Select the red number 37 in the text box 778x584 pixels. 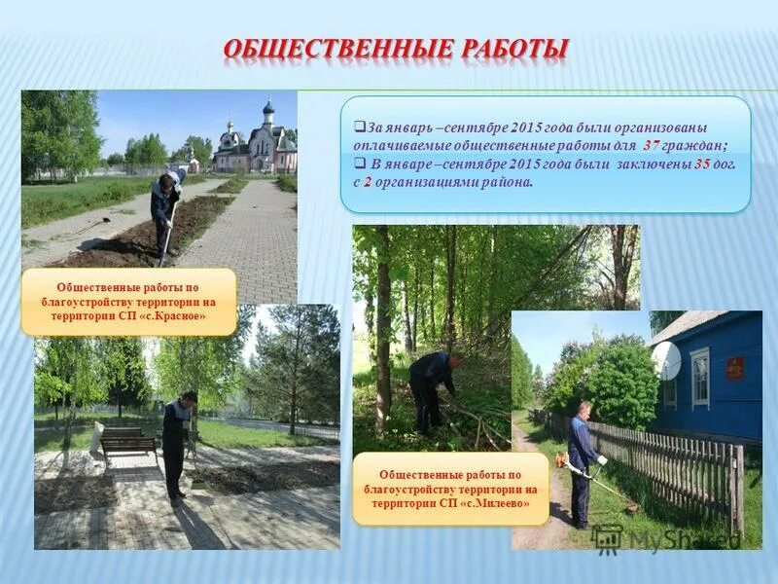pos(654,144)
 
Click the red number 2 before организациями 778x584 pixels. pos(369,181)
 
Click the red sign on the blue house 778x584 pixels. pos(735,367)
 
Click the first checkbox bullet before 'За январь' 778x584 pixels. pos(359,127)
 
